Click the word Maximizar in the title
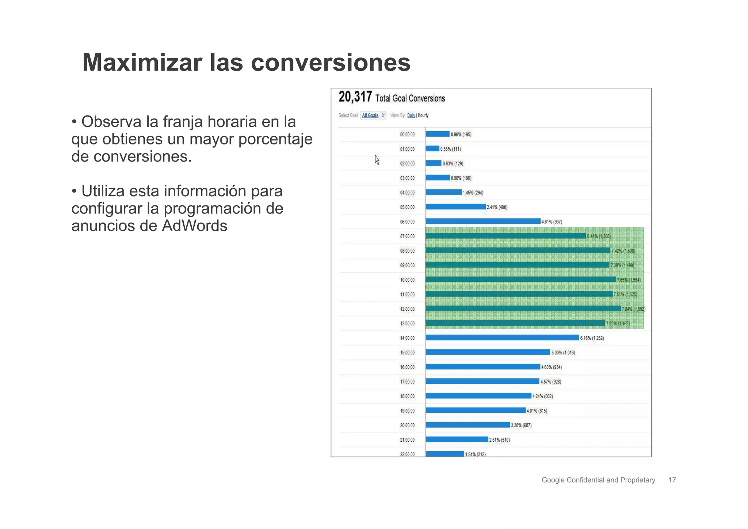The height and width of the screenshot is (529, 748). click(x=142, y=63)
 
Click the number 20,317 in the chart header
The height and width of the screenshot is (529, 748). click(x=355, y=97)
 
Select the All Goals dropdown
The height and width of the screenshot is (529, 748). click(x=373, y=115)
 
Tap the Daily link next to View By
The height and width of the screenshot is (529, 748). click(x=411, y=115)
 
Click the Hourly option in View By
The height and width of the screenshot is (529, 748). click(x=423, y=115)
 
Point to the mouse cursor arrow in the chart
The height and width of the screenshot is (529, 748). click(x=377, y=159)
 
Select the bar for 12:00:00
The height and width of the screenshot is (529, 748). click(x=523, y=309)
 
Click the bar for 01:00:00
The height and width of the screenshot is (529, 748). click(x=432, y=149)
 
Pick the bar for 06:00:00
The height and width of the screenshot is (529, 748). click(x=482, y=221)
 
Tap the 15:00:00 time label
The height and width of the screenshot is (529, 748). click(x=407, y=353)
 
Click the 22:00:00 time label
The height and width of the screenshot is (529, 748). click(x=407, y=454)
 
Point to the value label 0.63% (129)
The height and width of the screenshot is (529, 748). click(x=453, y=163)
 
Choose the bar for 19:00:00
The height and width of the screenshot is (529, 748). click(x=475, y=411)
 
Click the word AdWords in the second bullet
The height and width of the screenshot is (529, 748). click(x=194, y=226)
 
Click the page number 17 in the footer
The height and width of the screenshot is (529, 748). click(x=672, y=480)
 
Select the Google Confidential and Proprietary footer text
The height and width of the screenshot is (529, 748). click(x=598, y=480)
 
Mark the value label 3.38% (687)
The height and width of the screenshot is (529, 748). click(x=521, y=425)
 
